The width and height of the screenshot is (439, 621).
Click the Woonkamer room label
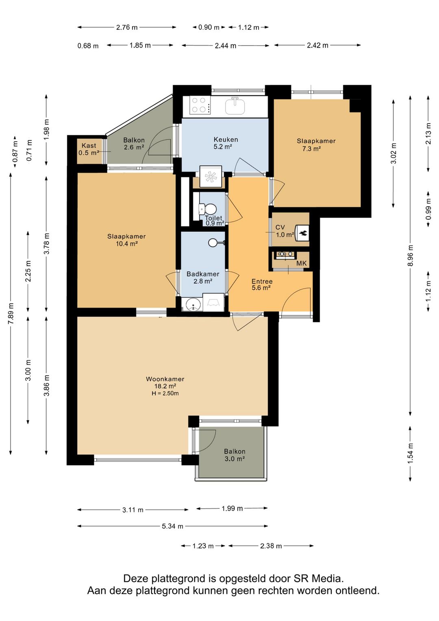[x=165, y=379]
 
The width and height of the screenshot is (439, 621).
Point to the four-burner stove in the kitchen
[x=200, y=105]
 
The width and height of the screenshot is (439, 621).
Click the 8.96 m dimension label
[x=411, y=255]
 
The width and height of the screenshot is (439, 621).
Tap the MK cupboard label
[x=301, y=263]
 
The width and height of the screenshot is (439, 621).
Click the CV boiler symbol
[x=302, y=233]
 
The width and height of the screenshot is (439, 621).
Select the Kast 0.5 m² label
[x=89, y=149]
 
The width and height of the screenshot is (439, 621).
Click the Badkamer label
[x=203, y=274]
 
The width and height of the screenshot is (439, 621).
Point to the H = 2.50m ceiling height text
[x=165, y=393]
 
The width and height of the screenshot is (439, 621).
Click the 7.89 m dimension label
[x=11, y=313]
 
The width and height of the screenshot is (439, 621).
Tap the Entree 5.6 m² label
[x=262, y=284]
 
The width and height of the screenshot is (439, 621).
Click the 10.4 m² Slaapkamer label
[x=126, y=240]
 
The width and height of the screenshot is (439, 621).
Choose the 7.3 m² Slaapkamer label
[x=316, y=145]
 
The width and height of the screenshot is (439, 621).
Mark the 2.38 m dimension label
[x=271, y=546]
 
